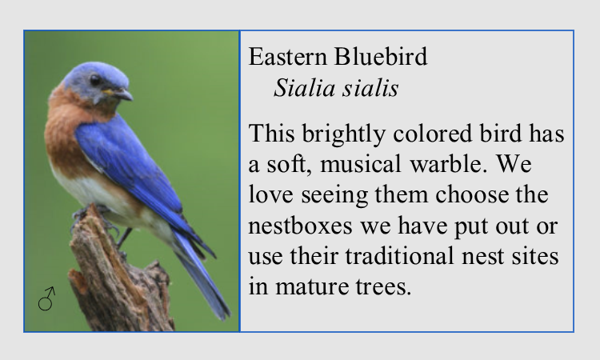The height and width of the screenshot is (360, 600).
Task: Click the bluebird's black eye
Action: coord(95,80)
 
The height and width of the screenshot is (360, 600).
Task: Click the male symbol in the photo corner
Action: coord(46,298)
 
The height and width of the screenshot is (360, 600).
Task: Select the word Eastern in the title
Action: coord(288,57)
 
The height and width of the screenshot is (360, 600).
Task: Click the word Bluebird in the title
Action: coord(381,57)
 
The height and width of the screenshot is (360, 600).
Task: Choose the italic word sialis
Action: coord(370,88)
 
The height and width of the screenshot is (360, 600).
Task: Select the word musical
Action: coord(361,165)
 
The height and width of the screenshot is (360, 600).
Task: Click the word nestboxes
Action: coord(300,226)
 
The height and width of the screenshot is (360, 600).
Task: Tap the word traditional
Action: coord(399,256)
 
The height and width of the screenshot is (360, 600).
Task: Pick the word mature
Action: coord(311,287)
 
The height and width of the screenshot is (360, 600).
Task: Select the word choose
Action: coord(472,194)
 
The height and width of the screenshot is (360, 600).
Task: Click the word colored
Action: coord(432,134)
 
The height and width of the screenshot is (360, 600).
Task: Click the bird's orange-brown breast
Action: coord(63,138)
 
